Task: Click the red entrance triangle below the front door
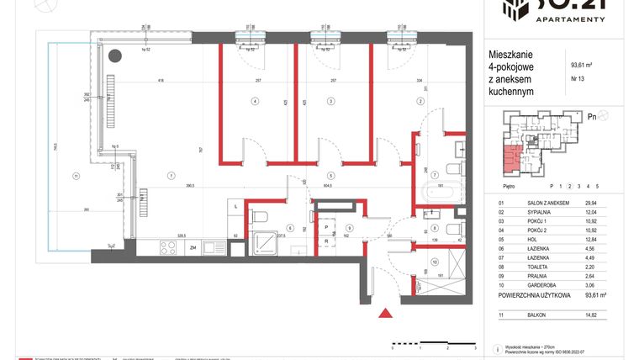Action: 385,314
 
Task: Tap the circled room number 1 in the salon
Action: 171,175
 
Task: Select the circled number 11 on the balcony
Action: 76,175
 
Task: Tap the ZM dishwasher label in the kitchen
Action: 193,247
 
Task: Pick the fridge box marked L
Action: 236,206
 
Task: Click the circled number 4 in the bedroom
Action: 256,101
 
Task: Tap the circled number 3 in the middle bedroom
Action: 330,101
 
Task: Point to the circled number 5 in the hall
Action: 330,175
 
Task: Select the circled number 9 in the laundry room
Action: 347,227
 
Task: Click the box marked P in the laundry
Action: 325,226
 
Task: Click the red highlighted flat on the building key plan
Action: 512,155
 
